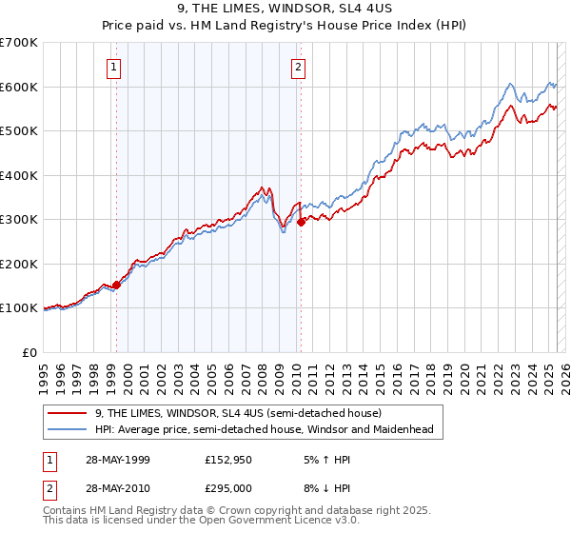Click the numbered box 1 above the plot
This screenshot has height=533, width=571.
(114, 67)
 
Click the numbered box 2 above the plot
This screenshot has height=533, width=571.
(298, 67)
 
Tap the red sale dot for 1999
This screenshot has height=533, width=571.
(116, 285)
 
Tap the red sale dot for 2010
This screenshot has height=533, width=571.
(301, 222)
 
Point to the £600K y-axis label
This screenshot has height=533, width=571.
(19, 87)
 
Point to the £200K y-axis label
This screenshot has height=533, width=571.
(19, 264)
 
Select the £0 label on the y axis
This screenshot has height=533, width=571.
(29, 352)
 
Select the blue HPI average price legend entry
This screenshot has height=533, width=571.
(264, 429)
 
